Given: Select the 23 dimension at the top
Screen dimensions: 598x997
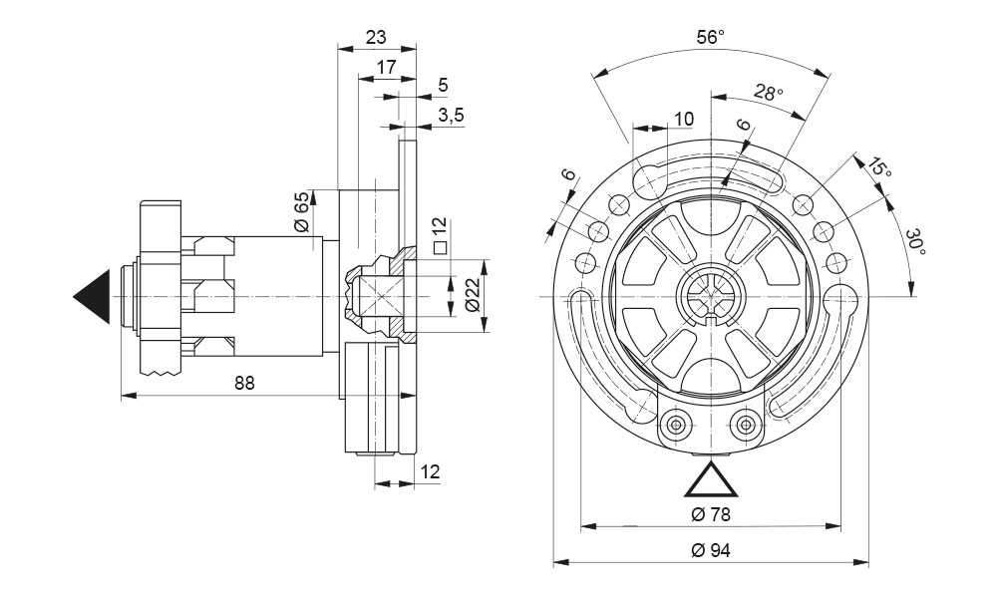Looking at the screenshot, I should (x=375, y=37).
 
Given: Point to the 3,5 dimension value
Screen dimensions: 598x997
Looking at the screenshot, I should (x=451, y=115).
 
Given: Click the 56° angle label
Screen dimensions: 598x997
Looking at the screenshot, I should (x=710, y=38).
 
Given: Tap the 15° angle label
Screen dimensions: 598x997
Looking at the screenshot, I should (x=877, y=167).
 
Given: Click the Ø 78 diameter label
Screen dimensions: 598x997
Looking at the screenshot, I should (x=711, y=514).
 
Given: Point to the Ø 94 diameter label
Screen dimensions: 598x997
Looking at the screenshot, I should (x=711, y=550).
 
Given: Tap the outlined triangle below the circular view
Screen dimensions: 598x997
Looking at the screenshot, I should (x=711, y=480).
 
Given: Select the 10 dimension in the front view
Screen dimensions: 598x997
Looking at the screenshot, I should (x=683, y=120).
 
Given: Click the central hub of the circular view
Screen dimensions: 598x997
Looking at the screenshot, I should (x=710, y=296).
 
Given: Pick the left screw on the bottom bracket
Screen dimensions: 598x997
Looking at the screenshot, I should (x=678, y=424).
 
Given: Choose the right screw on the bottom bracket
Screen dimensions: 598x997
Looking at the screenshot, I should (x=743, y=424).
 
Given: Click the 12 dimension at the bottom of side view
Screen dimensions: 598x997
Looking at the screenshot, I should (x=430, y=470).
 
